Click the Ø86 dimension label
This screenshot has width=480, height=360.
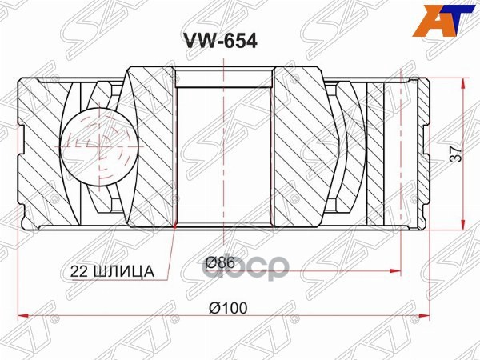pyautogui.click(x=218, y=262)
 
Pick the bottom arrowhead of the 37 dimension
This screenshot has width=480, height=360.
pyautogui.click(x=464, y=225)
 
